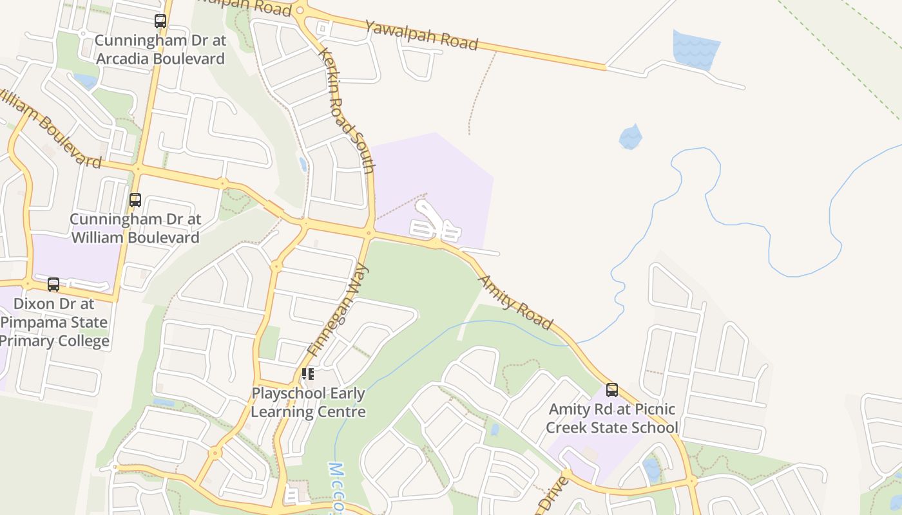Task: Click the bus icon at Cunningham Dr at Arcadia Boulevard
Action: click(x=160, y=21)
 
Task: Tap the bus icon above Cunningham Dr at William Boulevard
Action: click(x=135, y=200)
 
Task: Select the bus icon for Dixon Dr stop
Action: click(x=53, y=284)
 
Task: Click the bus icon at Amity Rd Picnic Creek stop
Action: click(x=611, y=389)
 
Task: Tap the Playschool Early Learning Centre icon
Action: click(x=308, y=373)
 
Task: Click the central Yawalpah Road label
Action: click(x=421, y=35)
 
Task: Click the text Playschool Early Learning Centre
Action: click(x=308, y=402)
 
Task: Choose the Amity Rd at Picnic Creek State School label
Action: click(x=611, y=418)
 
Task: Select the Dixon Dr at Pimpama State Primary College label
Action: click(x=54, y=322)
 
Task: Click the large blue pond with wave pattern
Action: click(x=695, y=48)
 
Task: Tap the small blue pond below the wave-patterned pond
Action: click(x=631, y=137)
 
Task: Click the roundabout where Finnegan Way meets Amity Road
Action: click(x=369, y=233)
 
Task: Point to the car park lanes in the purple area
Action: click(x=434, y=225)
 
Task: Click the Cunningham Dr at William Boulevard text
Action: click(x=135, y=228)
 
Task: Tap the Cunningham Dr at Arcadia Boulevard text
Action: click(x=160, y=50)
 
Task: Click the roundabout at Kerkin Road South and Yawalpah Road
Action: click(x=300, y=10)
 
